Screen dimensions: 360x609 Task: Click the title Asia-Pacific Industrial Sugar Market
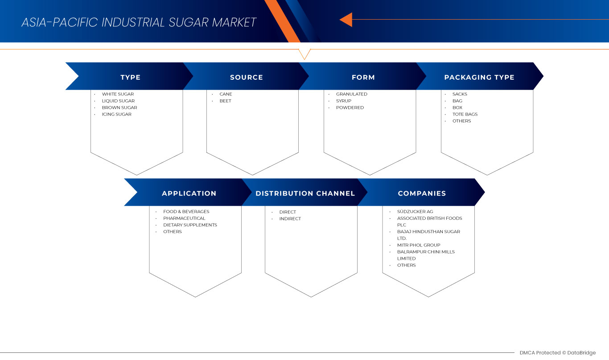pos(139,22)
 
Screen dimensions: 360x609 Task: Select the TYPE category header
pos(130,77)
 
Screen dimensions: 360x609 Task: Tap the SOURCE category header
pos(246,77)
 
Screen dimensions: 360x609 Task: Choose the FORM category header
pos(363,77)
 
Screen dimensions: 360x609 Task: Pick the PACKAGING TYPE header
pos(479,77)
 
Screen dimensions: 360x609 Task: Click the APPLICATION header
pos(189,193)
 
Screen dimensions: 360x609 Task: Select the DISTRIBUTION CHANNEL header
pos(305,193)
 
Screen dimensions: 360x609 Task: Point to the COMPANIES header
pos(422,193)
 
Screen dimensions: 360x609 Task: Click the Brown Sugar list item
pos(119,107)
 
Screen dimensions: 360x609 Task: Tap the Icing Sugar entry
pos(116,114)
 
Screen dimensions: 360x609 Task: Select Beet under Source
pos(225,101)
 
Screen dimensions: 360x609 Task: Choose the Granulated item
pos(351,94)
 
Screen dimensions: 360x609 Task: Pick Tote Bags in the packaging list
pos(465,114)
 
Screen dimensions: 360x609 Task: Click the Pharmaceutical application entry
pos(184,218)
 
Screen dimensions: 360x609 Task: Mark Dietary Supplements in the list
pos(190,225)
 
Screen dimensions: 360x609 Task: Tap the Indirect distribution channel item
pos(290,219)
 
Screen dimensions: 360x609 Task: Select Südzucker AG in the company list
pos(415,212)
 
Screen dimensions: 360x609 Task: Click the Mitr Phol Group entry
pos(419,245)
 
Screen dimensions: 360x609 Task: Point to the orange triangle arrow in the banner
pos(346,20)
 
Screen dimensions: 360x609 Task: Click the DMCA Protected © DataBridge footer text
pos(557,353)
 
